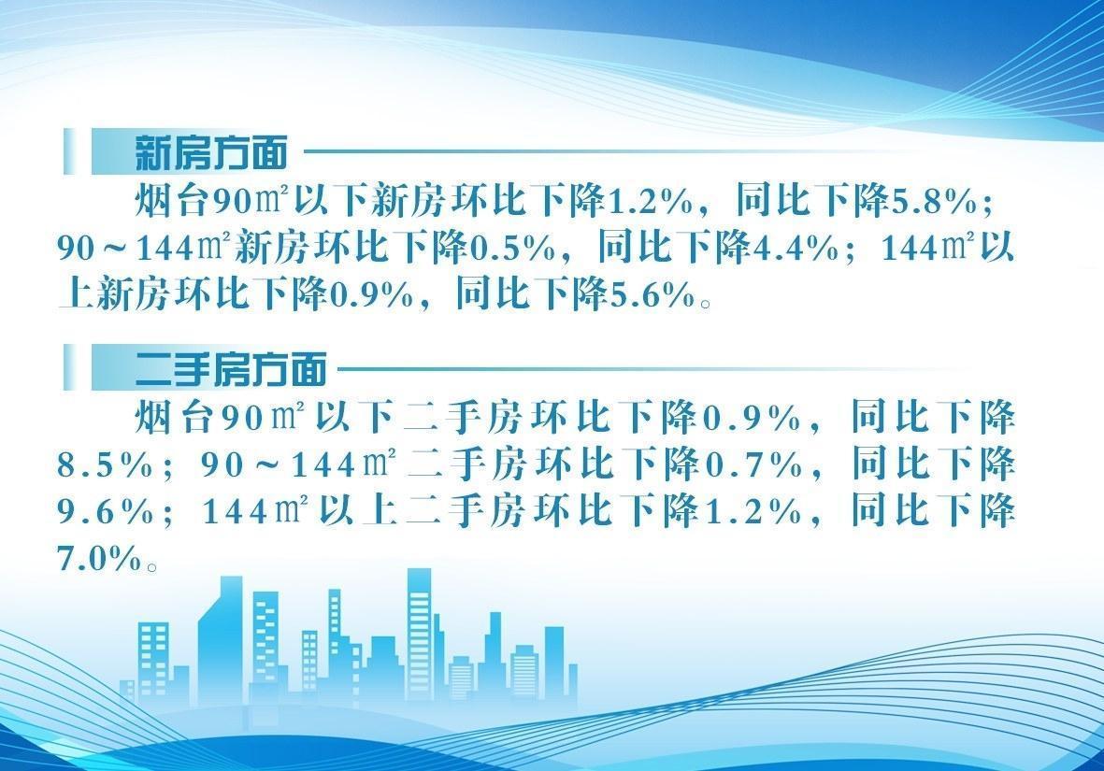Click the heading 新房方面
(x=210, y=152)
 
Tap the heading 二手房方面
(x=230, y=369)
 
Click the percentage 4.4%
(x=795, y=249)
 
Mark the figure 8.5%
(x=105, y=465)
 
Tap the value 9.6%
(x=105, y=512)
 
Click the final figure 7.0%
(x=100, y=560)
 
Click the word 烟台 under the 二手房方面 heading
(x=174, y=419)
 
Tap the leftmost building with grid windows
(x=152, y=661)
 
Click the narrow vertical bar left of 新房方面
(x=69, y=151)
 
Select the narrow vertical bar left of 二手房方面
(x=69, y=367)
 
